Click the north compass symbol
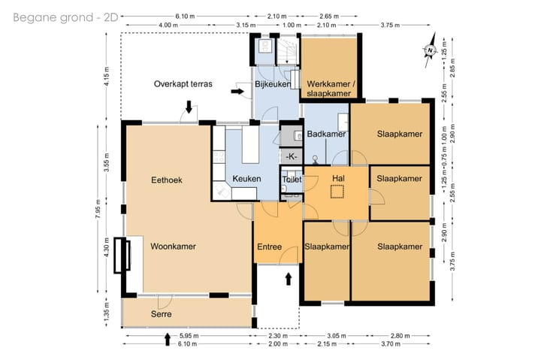tap(430, 50)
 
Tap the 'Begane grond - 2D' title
tap(65, 17)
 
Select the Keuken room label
tap(246, 179)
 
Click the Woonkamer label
tap(174, 247)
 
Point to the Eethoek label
tap(167, 180)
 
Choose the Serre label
tap(161, 314)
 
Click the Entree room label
tap(270, 247)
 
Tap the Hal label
tap(338, 178)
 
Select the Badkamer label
tap(326, 134)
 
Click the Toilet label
tap(292, 180)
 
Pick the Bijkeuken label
tap(273, 84)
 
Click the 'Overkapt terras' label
tap(183, 84)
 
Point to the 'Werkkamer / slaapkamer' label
tap(331, 89)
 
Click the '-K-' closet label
tap(292, 156)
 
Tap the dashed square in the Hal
tap(337, 192)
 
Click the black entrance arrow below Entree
tap(289, 279)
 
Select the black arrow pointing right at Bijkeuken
tap(237, 92)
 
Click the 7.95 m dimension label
tap(98, 209)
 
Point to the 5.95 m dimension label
tap(189, 335)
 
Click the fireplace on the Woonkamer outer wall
tap(122, 256)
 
